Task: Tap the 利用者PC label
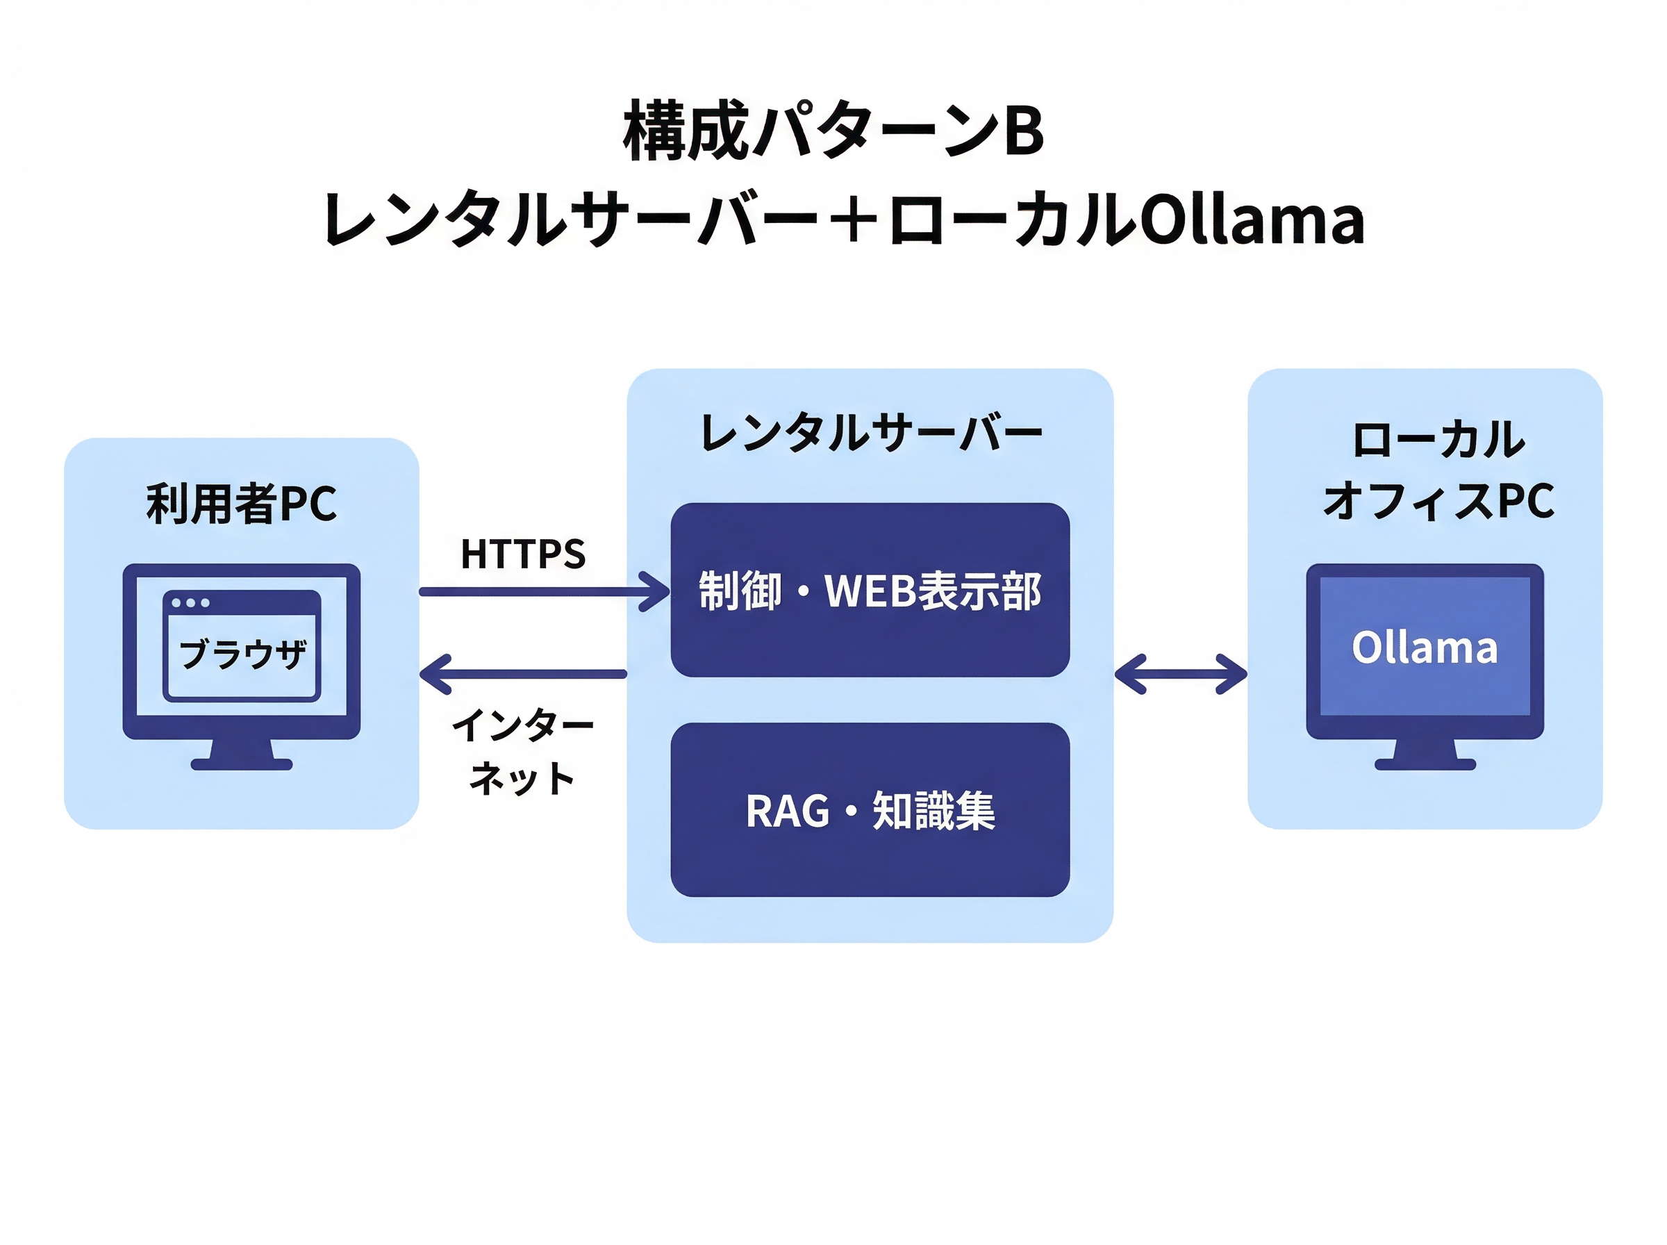pyautogui.click(x=241, y=504)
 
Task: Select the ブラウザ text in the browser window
pyautogui.click(x=242, y=653)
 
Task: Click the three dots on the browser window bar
pyautogui.click(x=190, y=602)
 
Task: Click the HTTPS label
pyautogui.click(x=523, y=554)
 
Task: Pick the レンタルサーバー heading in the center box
pyautogui.click(x=870, y=433)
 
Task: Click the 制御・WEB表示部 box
pyautogui.click(x=870, y=590)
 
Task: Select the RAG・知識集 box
pyautogui.click(x=870, y=810)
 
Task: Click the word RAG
pyautogui.click(x=787, y=811)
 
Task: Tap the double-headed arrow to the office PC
pyautogui.click(x=1180, y=674)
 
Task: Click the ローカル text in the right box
pyautogui.click(x=1438, y=440)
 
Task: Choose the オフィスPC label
pyautogui.click(x=1438, y=501)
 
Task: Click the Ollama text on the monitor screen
pyautogui.click(x=1424, y=648)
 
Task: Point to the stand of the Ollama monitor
pyautogui.click(x=1425, y=755)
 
